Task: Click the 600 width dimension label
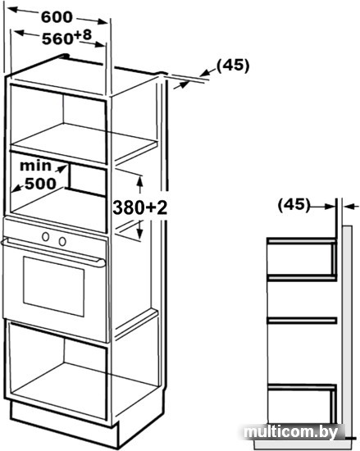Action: pyautogui.click(x=57, y=17)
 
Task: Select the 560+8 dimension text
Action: pyautogui.click(x=66, y=38)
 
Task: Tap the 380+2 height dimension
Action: pyautogui.click(x=139, y=207)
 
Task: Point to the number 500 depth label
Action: pyautogui.click(x=40, y=184)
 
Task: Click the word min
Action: pyautogui.click(x=35, y=166)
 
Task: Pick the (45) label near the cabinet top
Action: pyautogui.click(x=233, y=66)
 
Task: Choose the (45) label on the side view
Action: pyautogui.click(x=294, y=205)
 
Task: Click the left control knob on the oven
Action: pyautogui.click(x=45, y=237)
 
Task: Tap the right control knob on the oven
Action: pyautogui.click(x=62, y=241)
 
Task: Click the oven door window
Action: pyautogui.click(x=54, y=286)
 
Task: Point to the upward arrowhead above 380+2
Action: pyautogui.click(x=140, y=180)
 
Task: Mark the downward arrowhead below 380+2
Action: pyautogui.click(x=139, y=234)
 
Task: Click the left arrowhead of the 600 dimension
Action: pyautogui.click(x=11, y=10)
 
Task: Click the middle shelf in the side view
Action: pyautogui.click(x=302, y=320)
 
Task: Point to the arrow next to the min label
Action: pyautogui.click(x=60, y=169)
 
